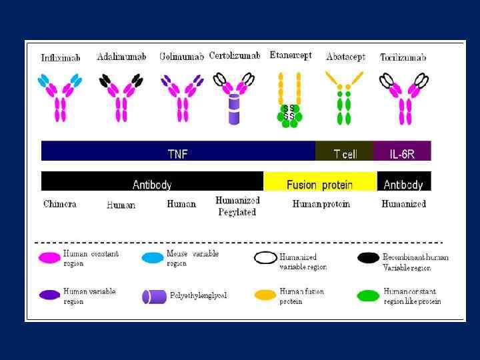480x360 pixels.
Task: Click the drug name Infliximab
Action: (61, 58)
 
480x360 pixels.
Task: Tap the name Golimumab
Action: (181, 57)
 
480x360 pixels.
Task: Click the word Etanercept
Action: (291, 55)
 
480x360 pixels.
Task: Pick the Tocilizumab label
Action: (403, 57)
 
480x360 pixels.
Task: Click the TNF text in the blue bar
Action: (177, 154)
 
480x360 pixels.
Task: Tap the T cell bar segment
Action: (345, 154)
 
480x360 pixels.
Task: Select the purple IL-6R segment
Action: (403, 154)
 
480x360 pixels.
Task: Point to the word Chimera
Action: (60, 204)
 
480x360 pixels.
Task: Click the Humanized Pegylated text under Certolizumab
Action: (237, 206)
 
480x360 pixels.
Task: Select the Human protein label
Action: (321, 204)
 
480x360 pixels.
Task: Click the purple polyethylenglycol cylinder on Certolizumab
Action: (234, 109)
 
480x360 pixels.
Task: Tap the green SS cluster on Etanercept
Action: (289, 113)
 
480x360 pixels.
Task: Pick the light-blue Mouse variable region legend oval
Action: (153, 258)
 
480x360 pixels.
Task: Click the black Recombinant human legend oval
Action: (369, 258)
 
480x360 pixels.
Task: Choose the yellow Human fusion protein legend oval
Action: (265, 295)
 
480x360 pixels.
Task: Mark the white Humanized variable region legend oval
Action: (265, 258)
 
